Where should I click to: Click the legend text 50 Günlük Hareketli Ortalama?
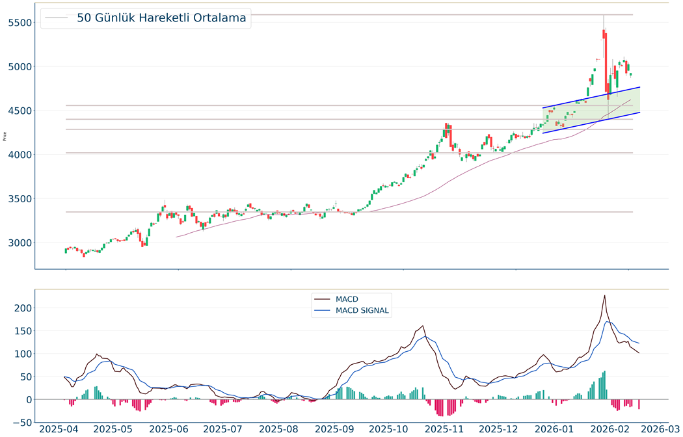click(161, 18)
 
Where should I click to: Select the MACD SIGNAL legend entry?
click(362, 311)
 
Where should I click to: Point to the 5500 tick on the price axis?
click(18, 23)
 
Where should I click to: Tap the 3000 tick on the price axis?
click(18, 243)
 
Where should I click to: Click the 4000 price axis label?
click(18, 155)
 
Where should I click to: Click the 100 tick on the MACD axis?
click(23, 354)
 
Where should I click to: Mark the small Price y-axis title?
click(5, 137)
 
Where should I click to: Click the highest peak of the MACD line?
click(604, 296)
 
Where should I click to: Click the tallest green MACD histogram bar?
click(604, 385)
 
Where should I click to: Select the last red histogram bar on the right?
click(639, 404)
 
